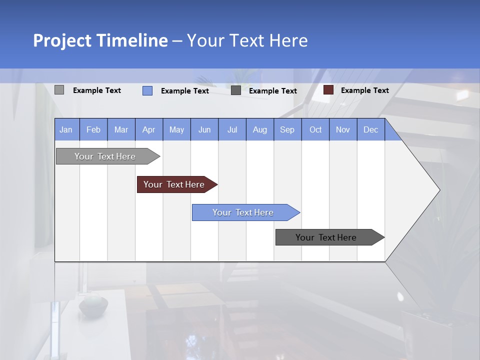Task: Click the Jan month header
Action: coord(66,129)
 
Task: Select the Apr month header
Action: coord(149,129)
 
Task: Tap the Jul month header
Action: coord(232,129)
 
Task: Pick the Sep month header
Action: coord(287,129)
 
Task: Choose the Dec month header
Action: coord(370,129)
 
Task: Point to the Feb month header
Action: coord(93,129)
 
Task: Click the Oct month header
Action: coord(315,129)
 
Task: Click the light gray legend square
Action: coord(59,90)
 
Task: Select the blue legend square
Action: coord(147,90)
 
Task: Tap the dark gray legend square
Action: coord(236,90)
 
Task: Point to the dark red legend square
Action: coord(328,90)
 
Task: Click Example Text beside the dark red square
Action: coord(364,90)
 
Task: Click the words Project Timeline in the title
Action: coord(100,40)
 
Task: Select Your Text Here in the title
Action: coord(247,40)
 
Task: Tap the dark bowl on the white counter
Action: coord(93,306)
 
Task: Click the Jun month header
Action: coord(204,129)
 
